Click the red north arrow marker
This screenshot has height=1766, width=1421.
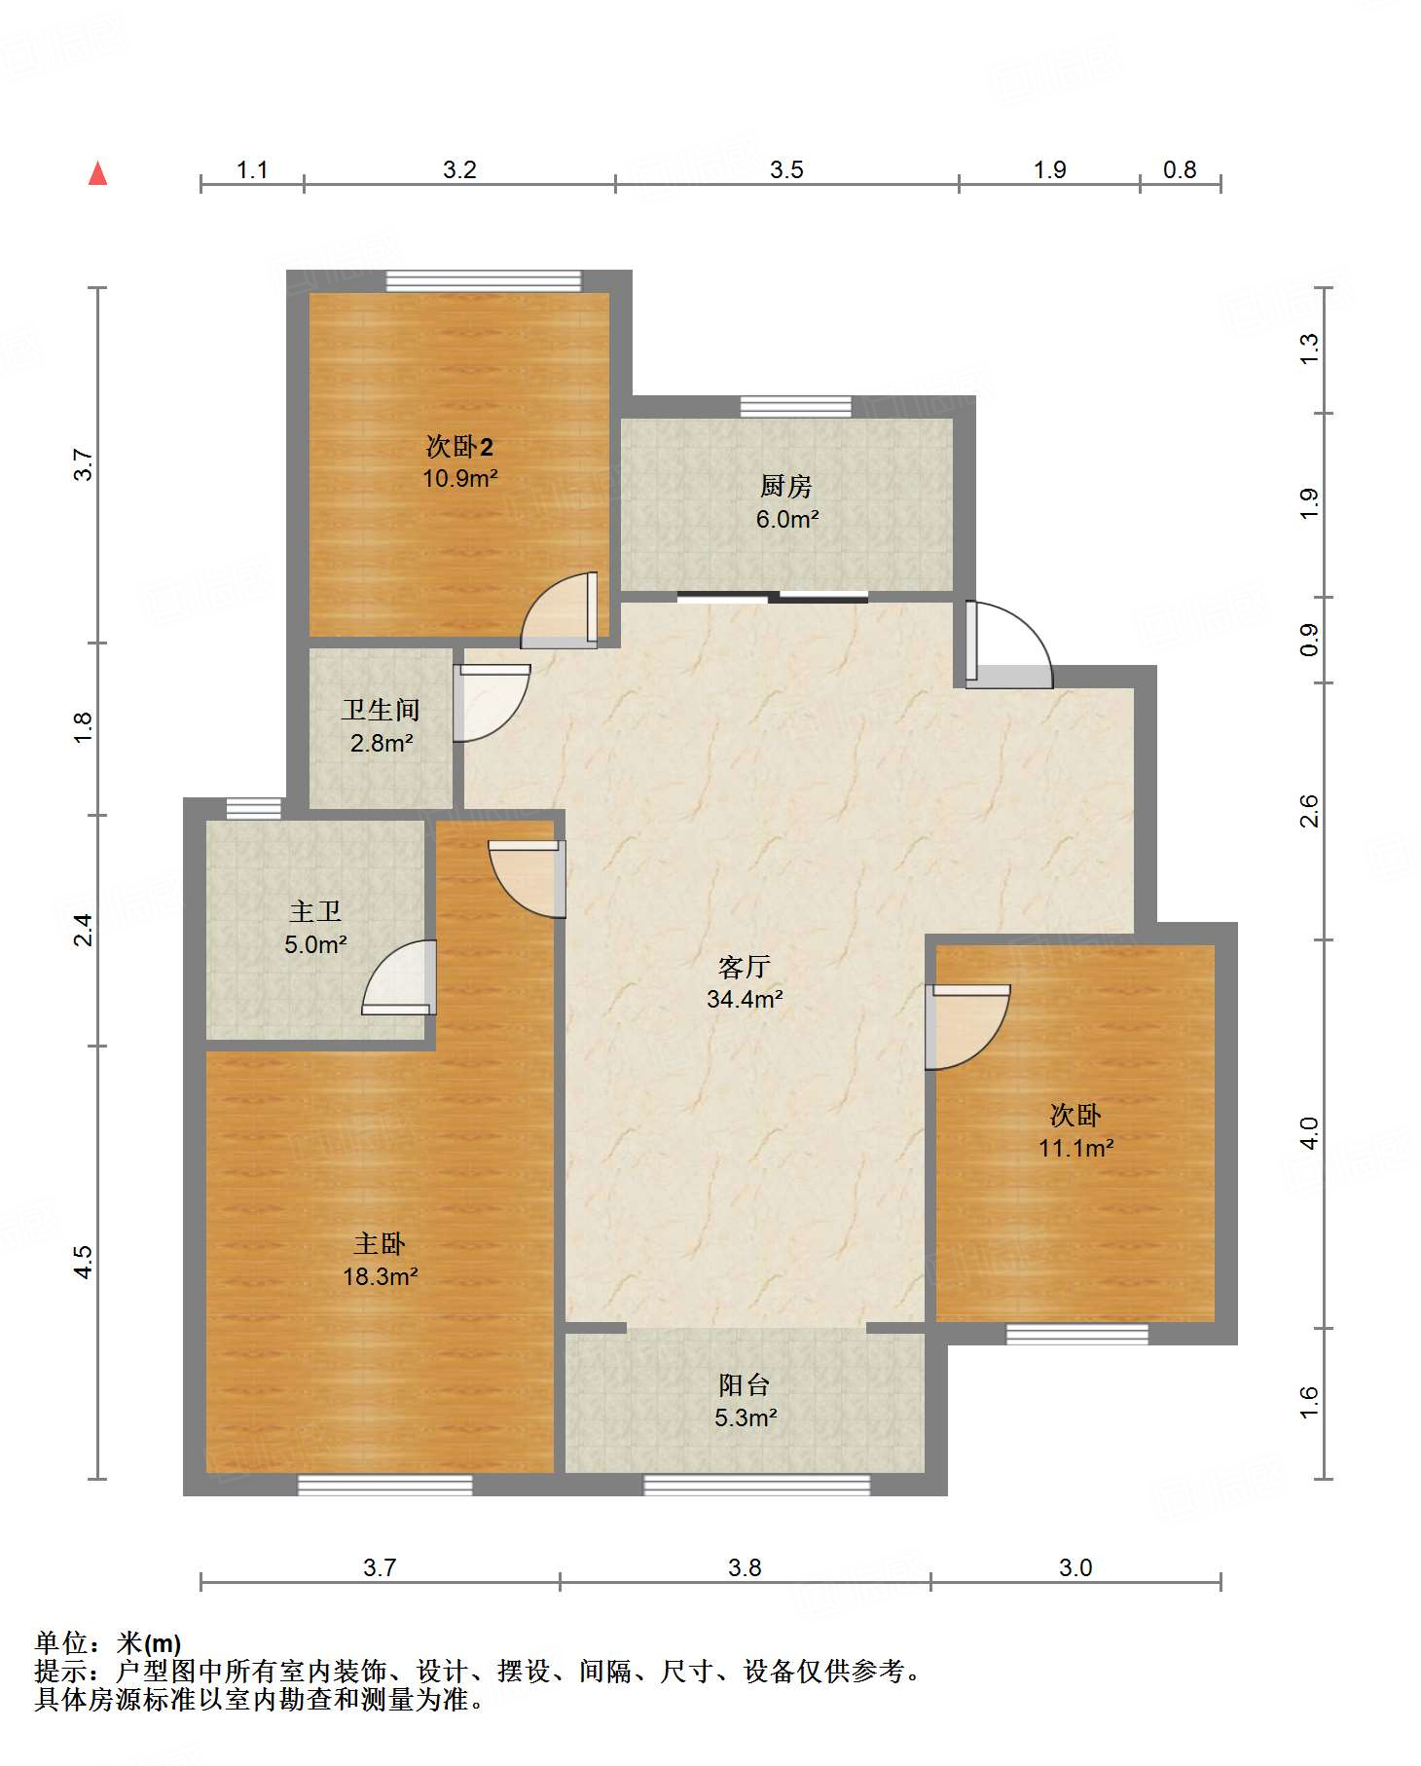pos(97,173)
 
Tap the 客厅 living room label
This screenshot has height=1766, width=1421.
pos(745,967)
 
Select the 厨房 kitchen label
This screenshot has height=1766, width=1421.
pos(786,486)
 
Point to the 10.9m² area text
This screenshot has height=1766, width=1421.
pos(460,478)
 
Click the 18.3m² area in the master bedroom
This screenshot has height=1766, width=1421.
pos(381,1275)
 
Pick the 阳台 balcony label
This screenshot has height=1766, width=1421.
pos(745,1384)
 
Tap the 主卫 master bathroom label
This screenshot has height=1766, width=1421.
pos(315,911)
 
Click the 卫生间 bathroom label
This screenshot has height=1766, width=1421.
pos(381,710)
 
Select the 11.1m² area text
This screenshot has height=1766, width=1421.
pos(1075,1148)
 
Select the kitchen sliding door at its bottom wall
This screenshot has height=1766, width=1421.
pos(773,597)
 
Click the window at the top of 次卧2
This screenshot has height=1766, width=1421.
pos(484,280)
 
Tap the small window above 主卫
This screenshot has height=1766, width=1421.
pos(254,808)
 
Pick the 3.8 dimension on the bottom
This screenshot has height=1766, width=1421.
pos(745,1567)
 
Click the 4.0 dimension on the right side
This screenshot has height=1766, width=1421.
pos(1310,1133)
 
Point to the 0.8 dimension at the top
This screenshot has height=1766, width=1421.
pos(1180,170)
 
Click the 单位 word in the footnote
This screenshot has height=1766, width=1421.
pos(61,1644)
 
